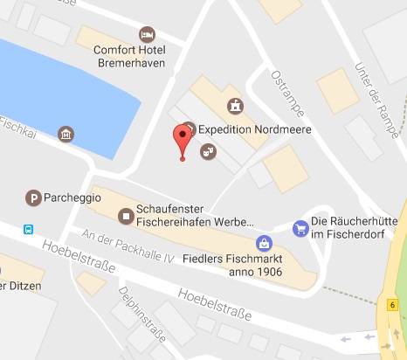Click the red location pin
click(x=182, y=138)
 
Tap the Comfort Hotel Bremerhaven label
click(x=129, y=56)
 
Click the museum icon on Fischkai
click(x=66, y=135)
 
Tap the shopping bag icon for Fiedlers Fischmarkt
click(x=263, y=242)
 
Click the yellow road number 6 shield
click(x=394, y=305)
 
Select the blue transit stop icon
click(x=29, y=229)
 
